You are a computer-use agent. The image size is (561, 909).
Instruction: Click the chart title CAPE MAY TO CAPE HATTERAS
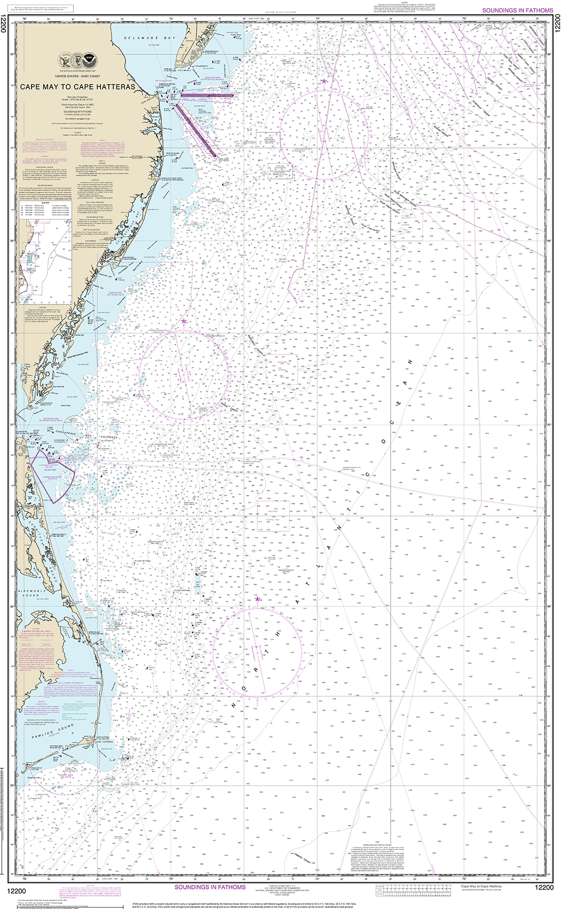[77, 86]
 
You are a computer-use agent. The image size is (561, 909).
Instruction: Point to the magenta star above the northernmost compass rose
[324, 80]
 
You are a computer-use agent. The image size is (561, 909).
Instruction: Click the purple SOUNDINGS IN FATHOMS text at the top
[518, 10]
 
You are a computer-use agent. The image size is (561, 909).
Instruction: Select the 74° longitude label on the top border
[318, 18]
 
